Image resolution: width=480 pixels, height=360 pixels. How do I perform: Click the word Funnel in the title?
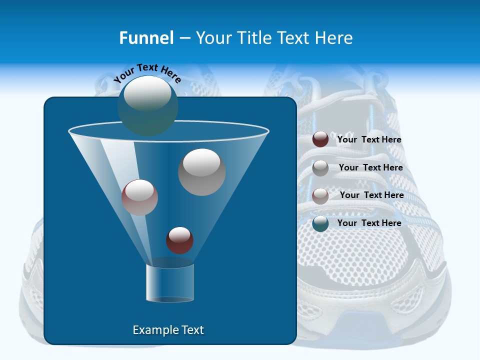pyautogui.click(x=146, y=38)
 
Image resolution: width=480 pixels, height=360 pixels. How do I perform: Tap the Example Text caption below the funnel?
pyautogui.click(x=168, y=330)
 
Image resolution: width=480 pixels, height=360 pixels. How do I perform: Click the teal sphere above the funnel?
pyautogui.click(x=148, y=105)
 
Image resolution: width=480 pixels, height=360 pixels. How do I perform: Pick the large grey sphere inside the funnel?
pyautogui.click(x=201, y=172)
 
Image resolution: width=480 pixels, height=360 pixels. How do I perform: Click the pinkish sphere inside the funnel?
pyautogui.click(x=139, y=197)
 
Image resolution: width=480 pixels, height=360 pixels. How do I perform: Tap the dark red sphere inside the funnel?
pyautogui.click(x=179, y=240)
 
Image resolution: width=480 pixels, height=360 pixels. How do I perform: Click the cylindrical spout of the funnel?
pyautogui.click(x=170, y=283)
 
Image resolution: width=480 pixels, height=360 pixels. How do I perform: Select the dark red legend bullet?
pyautogui.click(x=320, y=139)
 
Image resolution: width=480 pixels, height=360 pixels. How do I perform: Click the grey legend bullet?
pyautogui.click(x=320, y=168)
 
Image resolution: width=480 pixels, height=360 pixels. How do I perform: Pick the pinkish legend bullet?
pyautogui.click(x=320, y=196)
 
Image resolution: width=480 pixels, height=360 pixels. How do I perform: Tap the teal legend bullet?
pyautogui.click(x=320, y=223)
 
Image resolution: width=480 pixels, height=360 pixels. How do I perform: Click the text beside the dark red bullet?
pyautogui.click(x=369, y=140)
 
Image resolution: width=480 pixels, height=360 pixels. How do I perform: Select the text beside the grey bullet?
pyautogui.click(x=370, y=168)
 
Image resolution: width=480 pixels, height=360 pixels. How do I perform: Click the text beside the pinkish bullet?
pyautogui.click(x=371, y=195)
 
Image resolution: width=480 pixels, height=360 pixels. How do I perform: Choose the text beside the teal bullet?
pyautogui.click(x=369, y=223)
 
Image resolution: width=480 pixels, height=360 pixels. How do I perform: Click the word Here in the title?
pyautogui.click(x=334, y=38)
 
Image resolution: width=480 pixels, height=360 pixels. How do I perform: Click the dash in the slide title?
pyautogui.click(x=184, y=38)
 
